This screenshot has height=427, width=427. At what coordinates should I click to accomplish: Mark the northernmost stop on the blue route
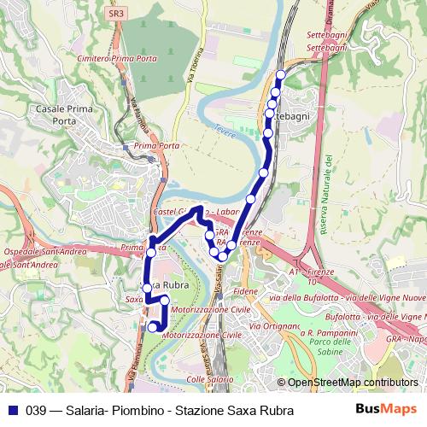280,74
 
